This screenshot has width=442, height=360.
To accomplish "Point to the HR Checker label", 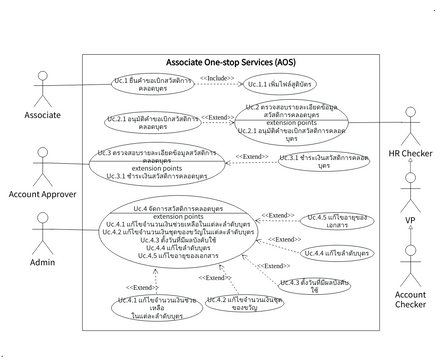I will coord(410,152).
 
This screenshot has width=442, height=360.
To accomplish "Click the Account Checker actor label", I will coord(410,301).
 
